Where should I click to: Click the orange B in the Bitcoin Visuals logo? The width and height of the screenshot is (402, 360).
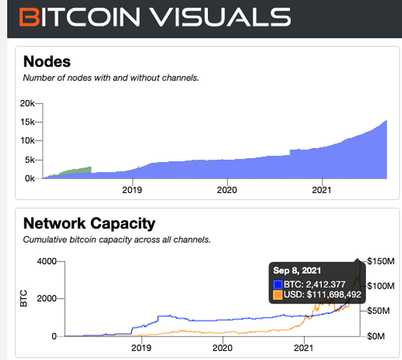tap(30, 17)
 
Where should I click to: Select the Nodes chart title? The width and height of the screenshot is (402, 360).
tap(47, 61)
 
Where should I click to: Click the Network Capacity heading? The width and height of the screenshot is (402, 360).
tap(89, 223)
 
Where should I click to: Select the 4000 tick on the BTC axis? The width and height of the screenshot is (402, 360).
tap(46, 261)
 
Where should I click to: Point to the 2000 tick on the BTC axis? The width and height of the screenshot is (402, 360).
tap(46, 299)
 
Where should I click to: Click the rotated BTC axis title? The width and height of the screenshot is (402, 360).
tap(24, 299)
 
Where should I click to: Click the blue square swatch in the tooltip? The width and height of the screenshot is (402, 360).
tap(278, 284)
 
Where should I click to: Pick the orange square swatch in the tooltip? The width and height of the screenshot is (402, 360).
tap(278, 294)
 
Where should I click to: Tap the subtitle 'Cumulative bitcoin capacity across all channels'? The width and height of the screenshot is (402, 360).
tap(117, 240)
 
